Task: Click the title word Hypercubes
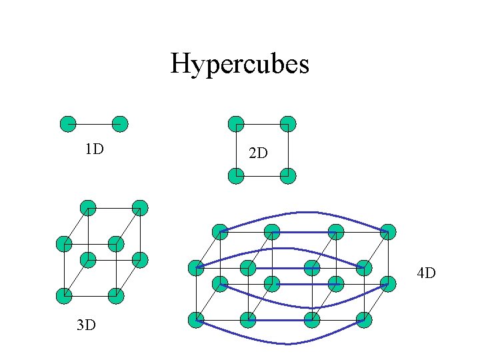point(239,65)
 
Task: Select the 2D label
point(258,153)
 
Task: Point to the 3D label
point(85,325)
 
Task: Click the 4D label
point(426,273)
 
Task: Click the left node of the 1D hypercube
point(67,124)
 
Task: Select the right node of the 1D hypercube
point(119,124)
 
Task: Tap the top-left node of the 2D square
point(236,124)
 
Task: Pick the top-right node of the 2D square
point(287,124)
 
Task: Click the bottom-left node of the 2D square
point(236,176)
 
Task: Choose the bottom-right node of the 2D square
point(287,176)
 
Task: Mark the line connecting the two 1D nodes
point(93,124)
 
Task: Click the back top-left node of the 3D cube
point(88,207)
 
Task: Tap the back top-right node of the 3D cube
point(140,207)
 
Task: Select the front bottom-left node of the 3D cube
point(64,295)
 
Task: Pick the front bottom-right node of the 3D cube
point(116,295)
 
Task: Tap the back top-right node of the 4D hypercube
point(388,232)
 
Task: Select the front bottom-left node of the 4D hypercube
point(196,320)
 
